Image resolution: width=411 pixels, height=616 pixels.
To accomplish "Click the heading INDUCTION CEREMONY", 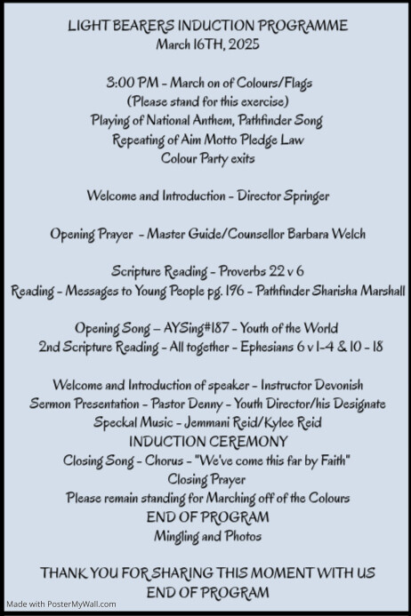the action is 205,441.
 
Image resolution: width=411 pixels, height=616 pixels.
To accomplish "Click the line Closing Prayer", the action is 205,479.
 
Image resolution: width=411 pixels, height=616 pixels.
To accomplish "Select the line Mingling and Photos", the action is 205,536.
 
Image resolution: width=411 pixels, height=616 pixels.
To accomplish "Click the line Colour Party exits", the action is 205,158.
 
